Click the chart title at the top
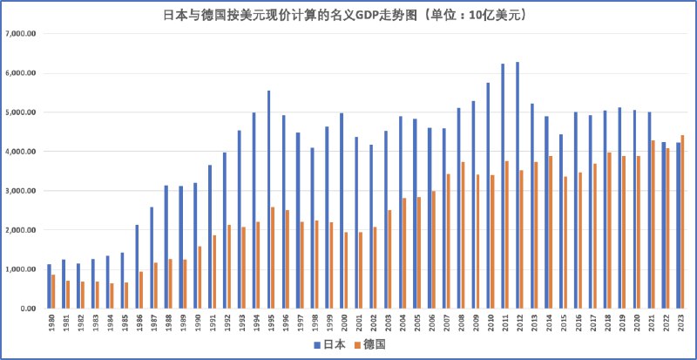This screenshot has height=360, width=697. coord(348,15)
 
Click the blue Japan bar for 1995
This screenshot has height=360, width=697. coord(268,200)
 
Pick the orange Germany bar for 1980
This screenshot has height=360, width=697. coord(53,291)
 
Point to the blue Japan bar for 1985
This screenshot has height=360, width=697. coord(123,280)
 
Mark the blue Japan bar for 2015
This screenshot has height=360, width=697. coord(561,221)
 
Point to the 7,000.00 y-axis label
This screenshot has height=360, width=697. coord(21,34)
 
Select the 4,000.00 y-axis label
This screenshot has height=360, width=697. coord(21,152)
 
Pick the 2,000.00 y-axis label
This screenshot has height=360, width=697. coord(21,230)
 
